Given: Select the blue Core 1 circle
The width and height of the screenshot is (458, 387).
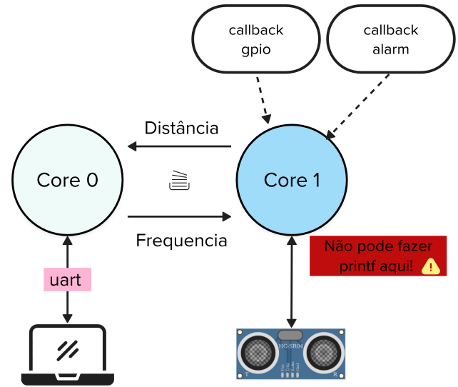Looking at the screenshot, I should click(x=291, y=180).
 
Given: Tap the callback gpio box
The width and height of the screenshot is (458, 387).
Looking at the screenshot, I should click(x=255, y=40).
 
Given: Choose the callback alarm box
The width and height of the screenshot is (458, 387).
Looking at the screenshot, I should click(x=390, y=40).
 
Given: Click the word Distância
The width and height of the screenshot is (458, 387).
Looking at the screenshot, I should click(x=181, y=129).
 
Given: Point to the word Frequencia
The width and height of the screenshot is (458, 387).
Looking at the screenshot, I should click(x=181, y=241).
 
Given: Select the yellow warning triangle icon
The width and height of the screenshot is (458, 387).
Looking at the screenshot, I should click(x=431, y=266).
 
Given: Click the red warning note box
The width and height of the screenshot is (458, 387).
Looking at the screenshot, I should click(x=378, y=256).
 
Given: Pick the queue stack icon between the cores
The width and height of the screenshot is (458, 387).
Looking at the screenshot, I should click(x=178, y=181).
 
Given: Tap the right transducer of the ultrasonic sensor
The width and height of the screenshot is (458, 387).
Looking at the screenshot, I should click(x=324, y=351).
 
